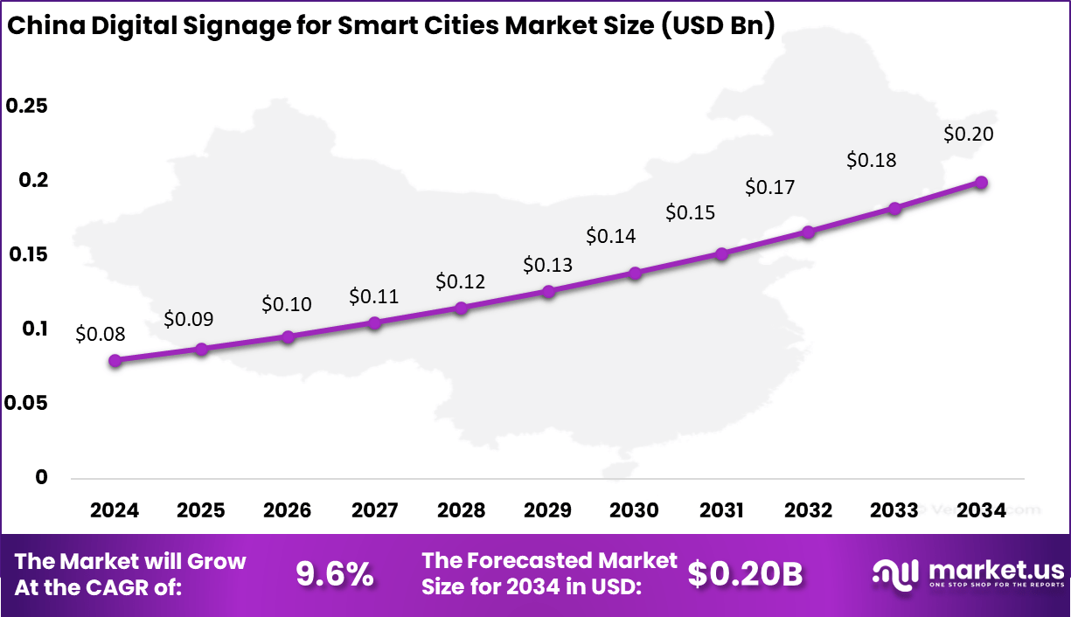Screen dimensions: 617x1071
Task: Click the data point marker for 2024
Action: [115, 360]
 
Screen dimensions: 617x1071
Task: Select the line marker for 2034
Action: [981, 183]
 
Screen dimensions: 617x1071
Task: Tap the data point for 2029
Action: [548, 291]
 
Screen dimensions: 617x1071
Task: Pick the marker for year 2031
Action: [721, 253]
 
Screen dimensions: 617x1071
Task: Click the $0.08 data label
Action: [100, 333]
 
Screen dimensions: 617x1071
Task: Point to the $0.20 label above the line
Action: [969, 134]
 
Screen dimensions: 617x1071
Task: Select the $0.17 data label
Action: [769, 187]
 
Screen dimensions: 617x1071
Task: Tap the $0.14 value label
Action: [610, 235]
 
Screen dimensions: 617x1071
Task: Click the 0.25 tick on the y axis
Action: [26, 106]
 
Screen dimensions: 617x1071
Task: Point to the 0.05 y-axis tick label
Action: [26, 403]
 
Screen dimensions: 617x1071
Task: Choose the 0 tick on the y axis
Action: [16, 477]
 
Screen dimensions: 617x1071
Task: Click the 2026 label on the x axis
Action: [288, 510]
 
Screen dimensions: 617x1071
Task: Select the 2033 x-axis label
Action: [894, 510]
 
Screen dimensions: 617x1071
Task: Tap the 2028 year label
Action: [461, 510]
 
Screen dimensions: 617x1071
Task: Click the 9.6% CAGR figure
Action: [335, 574]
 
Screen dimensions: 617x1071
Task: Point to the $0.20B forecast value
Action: [745, 574]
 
